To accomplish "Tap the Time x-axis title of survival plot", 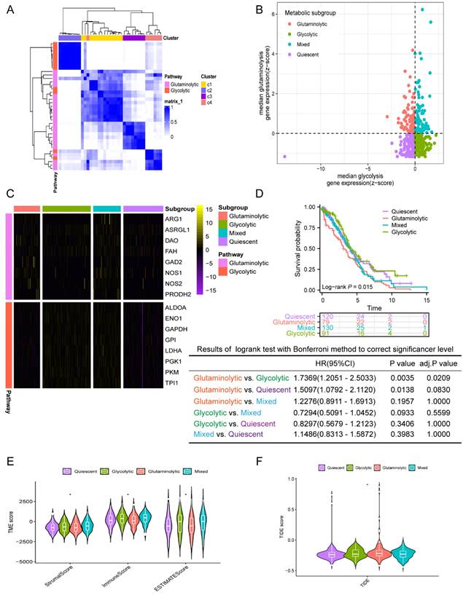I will pos(374,309).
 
